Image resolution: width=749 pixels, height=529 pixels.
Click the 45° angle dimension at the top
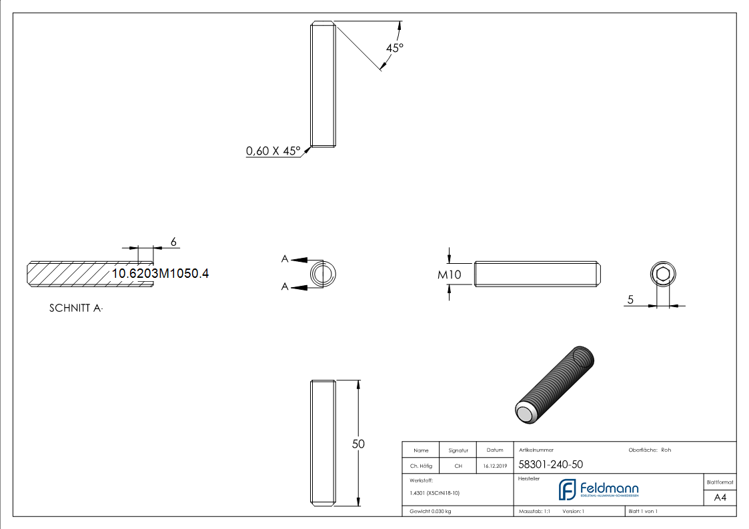pyautogui.click(x=395, y=48)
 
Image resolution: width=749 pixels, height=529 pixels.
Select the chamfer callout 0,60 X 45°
pyautogui.click(x=273, y=151)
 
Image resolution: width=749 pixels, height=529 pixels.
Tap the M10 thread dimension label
pyautogui.click(x=450, y=274)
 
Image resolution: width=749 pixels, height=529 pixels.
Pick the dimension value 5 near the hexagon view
pyautogui.click(x=630, y=300)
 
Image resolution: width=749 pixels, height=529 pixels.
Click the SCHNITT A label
pyautogui.click(x=76, y=308)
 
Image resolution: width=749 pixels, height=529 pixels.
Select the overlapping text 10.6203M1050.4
pyautogui.click(x=160, y=273)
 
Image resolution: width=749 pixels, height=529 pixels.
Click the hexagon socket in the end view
pyautogui.click(x=662, y=274)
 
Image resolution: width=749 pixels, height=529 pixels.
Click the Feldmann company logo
pyautogui.click(x=598, y=490)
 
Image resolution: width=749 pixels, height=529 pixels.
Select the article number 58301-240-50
pyautogui.click(x=541, y=465)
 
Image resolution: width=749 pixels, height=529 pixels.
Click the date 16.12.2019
pyautogui.click(x=495, y=466)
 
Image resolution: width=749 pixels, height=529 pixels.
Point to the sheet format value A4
pyautogui.click(x=720, y=498)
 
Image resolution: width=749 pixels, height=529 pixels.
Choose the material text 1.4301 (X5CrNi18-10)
pyautogui.click(x=434, y=493)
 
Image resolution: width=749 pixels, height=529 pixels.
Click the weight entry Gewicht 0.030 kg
pyautogui.click(x=430, y=511)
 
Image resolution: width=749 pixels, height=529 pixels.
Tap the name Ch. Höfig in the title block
pyautogui.click(x=421, y=466)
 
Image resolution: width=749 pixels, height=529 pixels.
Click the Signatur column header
pyautogui.click(x=458, y=450)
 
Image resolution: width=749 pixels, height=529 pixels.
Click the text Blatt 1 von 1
pyautogui.click(x=643, y=511)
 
